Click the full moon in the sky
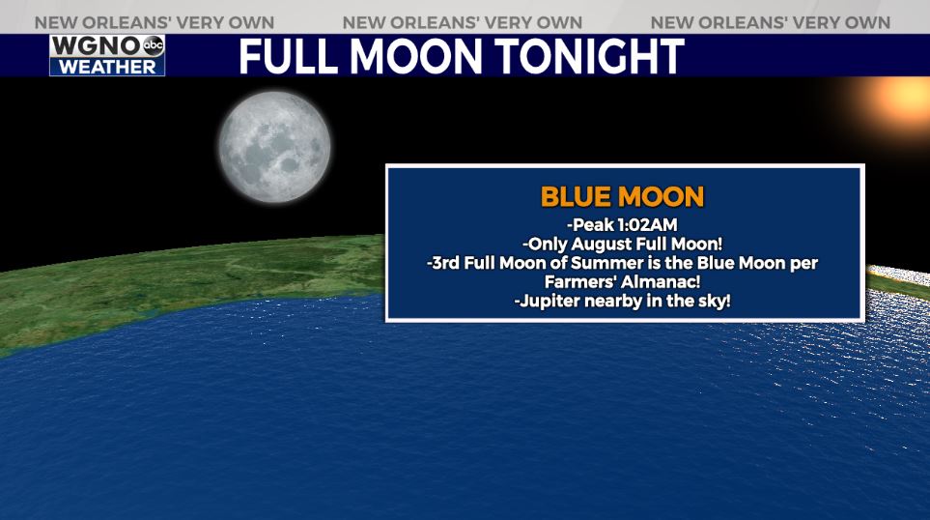(274, 147)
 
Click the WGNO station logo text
(96, 45)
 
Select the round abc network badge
(153, 45)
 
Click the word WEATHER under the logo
(107, 67)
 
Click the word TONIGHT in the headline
(589, 57)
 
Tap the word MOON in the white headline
(416, 57)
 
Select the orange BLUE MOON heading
(622, 197)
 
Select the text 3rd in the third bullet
(446, 263)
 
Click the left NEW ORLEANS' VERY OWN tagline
(155, 22)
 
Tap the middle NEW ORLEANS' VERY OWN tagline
(463, 22)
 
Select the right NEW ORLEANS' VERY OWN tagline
(771, 22)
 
